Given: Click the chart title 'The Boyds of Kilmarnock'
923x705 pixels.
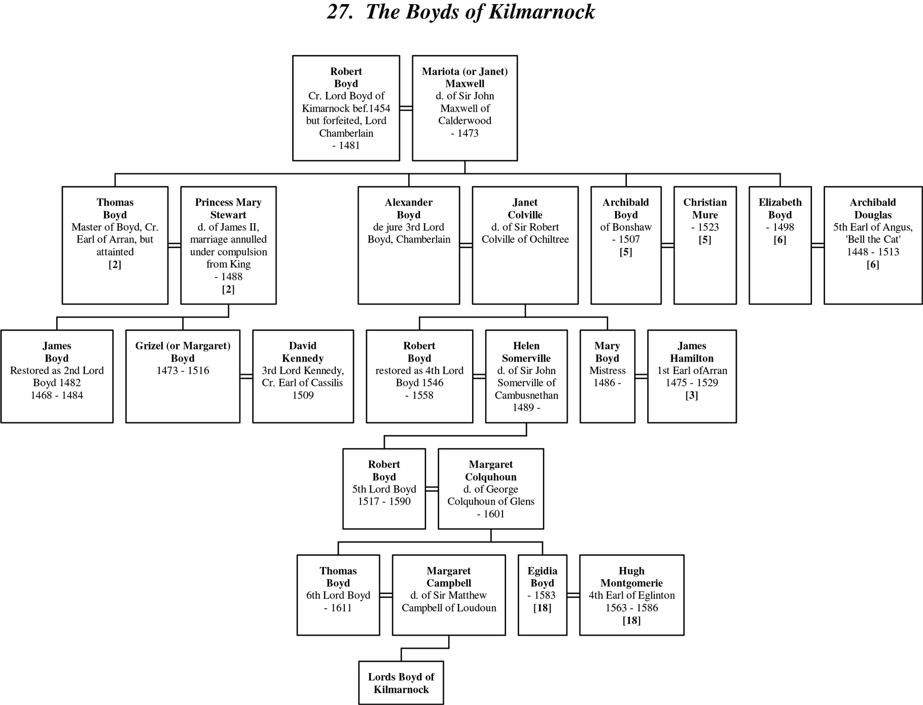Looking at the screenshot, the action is [x=461, y=12].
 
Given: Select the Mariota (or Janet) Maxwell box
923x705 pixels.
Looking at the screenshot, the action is [x=465, y=108].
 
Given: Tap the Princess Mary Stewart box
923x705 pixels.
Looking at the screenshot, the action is [x=228, y=245].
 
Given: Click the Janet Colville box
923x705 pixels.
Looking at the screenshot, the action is [x=525, y=245].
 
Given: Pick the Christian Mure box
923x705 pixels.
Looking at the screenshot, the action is [x=705, y=245].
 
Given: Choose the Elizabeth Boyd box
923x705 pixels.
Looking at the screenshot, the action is [x=780, y=245].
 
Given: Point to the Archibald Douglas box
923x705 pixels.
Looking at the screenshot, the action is [x=873, y=245].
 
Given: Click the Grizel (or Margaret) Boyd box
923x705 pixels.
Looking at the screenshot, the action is [x=183, y=376].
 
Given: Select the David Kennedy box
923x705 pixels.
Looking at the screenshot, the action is [x=303, y=376].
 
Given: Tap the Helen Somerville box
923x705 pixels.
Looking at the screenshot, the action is [x=526, y=376].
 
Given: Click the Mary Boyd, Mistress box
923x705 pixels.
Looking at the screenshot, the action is [x=607, y=376].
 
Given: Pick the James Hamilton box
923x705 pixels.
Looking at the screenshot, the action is [x=692, y=376].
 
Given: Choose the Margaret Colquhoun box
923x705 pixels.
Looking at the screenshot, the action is [x=491, y=489].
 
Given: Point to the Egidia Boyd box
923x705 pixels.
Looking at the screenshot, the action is [x=542, y=595].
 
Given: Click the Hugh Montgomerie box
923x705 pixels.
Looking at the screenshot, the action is [x=631, y=595].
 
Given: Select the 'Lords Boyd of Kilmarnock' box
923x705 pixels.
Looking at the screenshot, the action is [x=401, y=683].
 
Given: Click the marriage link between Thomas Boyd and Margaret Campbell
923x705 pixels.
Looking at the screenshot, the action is [x=386, y=595].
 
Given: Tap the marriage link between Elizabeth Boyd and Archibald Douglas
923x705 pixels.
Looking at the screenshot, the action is [x=818, y=245].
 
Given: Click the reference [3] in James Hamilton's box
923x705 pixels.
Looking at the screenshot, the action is [x=692, y=395].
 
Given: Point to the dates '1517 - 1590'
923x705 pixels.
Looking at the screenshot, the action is [x=384, y=502].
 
